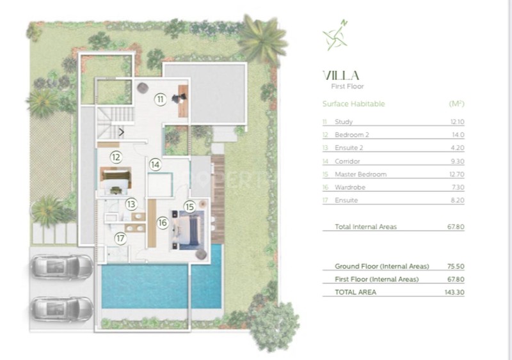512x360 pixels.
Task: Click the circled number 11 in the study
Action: (161, 99)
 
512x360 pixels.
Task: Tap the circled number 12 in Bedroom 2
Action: (116, 157)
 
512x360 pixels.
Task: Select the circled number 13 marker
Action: (131, 205)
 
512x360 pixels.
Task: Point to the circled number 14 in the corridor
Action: (156, 165)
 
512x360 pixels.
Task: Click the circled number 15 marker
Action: (189, 207)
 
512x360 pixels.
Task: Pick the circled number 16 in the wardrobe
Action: (163, 223)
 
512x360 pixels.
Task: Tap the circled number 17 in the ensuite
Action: (120, 239)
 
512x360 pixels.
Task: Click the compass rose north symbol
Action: (335, 35)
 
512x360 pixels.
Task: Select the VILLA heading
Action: (341, 75)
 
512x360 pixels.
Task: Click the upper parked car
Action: (62, 267)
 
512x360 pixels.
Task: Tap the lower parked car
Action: (62, 309)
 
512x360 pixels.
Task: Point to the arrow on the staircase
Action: (122, 132)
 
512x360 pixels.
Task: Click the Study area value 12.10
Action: (457, 121)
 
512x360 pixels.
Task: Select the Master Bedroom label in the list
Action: (360, 175)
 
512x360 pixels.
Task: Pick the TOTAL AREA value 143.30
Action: (454, 292)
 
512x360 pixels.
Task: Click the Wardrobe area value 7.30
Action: (458, 187)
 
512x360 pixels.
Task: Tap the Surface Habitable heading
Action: (354, 104)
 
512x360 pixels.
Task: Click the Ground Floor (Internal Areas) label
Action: (381, 267)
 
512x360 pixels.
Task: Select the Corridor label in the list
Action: (347, 161)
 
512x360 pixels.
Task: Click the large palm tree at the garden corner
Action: (262, 39)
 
